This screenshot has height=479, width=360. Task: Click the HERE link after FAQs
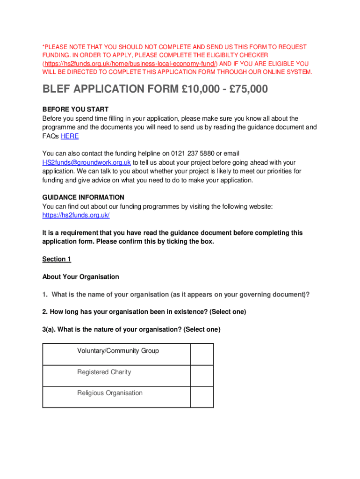click(x=70, y=136)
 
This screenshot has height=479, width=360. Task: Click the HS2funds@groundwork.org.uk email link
click(x=86, y=162)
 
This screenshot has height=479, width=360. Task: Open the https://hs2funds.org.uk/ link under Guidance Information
click(x=76, y=215)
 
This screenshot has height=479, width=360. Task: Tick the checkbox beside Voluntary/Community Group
click(x=202, y=354)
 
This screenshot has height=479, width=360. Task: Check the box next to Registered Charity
click(x=202, y=376)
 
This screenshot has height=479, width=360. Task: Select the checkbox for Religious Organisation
click(x=202, y=397)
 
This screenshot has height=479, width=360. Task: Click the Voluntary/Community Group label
click(x=118, y=351)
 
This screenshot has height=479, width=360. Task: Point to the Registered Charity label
click(x=104, y=372)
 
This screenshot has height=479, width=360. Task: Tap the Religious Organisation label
click(x=109, y=393)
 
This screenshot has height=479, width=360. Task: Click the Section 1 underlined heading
click(x=57, y=259)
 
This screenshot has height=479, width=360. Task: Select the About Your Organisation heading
click(x=80, y=277)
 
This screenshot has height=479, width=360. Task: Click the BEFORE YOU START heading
click(x=75, y=109)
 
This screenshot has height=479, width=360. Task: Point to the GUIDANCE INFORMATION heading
click(x=83, y=197)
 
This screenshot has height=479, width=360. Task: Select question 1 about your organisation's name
click(x=176, y=294)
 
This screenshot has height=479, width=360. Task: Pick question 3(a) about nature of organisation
click(x=131, y=329)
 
